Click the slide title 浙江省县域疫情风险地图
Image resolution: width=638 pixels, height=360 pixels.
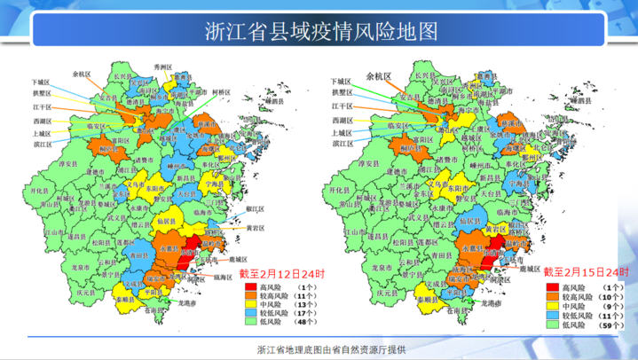(319, 32)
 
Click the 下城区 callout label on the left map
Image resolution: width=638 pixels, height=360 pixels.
(41, 81)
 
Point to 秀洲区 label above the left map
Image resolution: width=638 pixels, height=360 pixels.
(162, 67)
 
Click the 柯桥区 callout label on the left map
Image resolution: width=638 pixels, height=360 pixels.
(221, 91)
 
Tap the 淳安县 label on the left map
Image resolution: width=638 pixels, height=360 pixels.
(69, 163)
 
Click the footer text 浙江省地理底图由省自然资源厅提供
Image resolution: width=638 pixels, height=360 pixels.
(319, 348)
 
